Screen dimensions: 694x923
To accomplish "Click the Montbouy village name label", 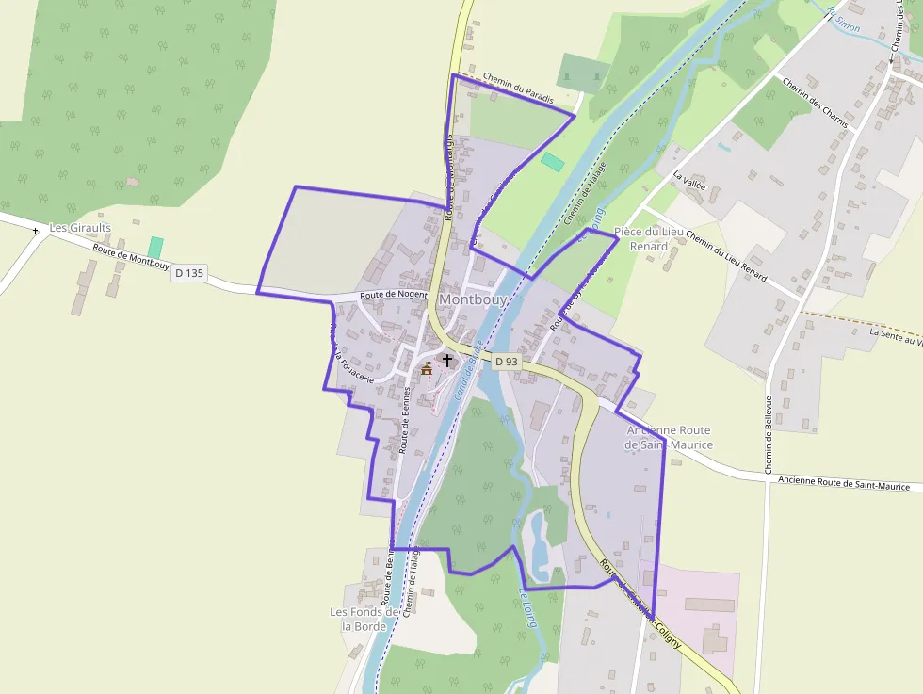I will tap(473, 299).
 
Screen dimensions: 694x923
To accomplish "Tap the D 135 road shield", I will tap(189, 273).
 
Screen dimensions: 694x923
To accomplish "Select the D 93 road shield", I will tap(507, 362).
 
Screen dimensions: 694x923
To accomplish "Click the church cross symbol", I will tap(446, 361).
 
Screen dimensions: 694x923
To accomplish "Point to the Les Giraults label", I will tap(80, 228).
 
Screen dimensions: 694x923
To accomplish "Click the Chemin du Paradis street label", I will tap(518, 89).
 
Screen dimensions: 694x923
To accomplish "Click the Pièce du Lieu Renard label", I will tap(648, 239).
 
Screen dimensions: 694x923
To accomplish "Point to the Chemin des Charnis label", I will tap(816, 103).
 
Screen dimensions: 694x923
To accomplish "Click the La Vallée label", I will tap(689, 179).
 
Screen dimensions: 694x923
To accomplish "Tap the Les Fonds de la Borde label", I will tap(365, 619).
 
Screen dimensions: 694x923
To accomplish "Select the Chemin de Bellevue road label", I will tap(769, 434).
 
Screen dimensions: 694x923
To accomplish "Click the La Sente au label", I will tap(895, 336).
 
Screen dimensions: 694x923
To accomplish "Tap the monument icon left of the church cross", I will tap(427, 368).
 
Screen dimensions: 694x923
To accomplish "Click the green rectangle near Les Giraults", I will tap(155, 247).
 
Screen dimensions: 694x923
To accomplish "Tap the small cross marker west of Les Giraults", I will tap(36, 231).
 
